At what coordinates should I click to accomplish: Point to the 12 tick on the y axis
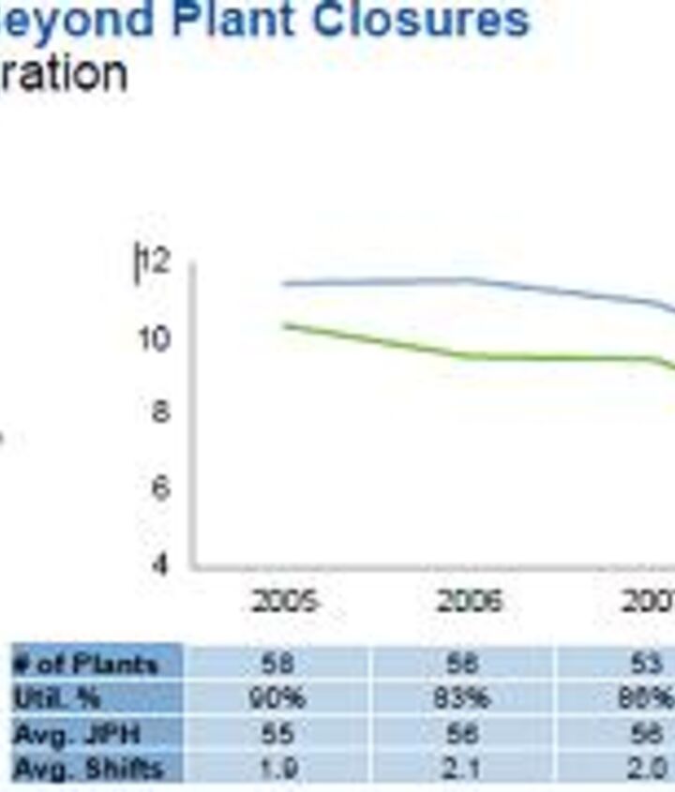pyautogui.click(x=157, y=262)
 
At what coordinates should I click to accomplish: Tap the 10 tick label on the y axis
pyautogui.click(x=155, y=338)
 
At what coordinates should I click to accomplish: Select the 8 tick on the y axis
pyautogui.click(x=160, y=412)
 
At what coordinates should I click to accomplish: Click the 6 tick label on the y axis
pyautogui.click(x=160, y=488)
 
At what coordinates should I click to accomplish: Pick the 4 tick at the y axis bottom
pyautogui.click(x=160, y=564)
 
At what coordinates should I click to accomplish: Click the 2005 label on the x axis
pyautogui.click(x=285, y=601)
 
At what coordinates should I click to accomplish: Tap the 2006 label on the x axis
pyautogui.click(x=470, y=601)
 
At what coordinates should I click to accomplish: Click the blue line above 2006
pyautogui.click(x=469, y=279)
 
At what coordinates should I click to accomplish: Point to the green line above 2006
pyautogui.click(x=469, y=355)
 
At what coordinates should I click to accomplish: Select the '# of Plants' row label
pyautogui.click(x=86, y=665)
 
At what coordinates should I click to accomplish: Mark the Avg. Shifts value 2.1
pyautogui.click(x=462, y=770)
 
